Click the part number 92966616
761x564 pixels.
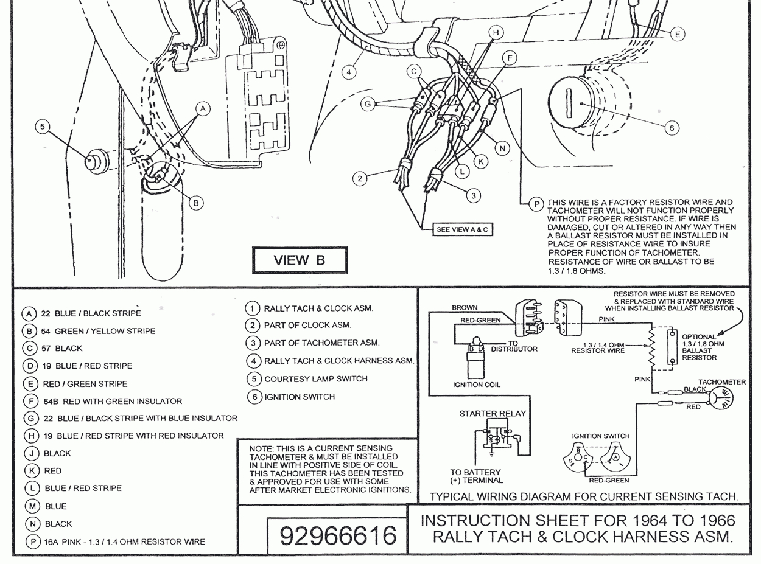(x=338, y=535)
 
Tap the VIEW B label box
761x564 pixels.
(x=300, y=260)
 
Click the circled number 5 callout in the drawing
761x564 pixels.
(x=41, y=127)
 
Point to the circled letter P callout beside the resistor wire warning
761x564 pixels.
(x=536, y=204)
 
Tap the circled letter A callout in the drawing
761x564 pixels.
(x=203, y=108)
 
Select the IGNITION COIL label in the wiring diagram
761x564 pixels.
(x=476, y=385)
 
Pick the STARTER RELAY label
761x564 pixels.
(x=493, y=414)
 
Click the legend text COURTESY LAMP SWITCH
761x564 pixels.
(x=316, y=378)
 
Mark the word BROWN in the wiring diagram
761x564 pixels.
(x=465, y=308)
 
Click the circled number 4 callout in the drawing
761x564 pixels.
(x=348, y=72)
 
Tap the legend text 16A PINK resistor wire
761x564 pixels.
(x=124, y=541)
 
